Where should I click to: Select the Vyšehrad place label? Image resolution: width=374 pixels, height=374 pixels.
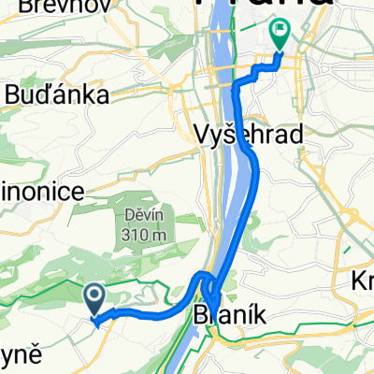[252, 135]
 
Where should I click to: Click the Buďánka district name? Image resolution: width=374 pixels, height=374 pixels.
[57, 93]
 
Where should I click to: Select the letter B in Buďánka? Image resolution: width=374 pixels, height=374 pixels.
[15, 93]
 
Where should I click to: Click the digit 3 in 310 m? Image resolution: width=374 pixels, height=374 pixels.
[124, 235]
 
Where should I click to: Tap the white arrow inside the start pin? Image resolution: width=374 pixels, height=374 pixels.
[96, 298]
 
